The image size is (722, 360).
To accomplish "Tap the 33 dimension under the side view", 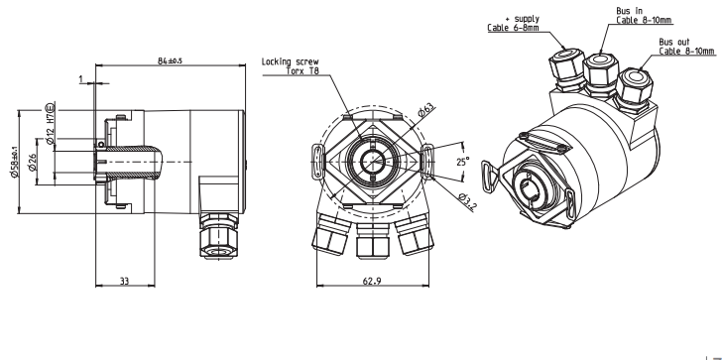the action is point(124,281).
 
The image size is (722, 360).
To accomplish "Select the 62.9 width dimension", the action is point(372,281).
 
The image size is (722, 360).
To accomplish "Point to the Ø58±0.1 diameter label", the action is point(14,162).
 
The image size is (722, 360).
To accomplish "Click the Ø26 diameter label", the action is point(32,162).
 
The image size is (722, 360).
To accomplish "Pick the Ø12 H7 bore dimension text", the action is point(51,123).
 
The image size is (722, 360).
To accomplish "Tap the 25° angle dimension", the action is point(463,162).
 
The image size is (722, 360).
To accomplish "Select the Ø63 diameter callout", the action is point(425,110).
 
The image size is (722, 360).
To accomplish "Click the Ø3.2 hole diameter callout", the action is point(467,202).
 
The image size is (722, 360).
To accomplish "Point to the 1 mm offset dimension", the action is point(81,79).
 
